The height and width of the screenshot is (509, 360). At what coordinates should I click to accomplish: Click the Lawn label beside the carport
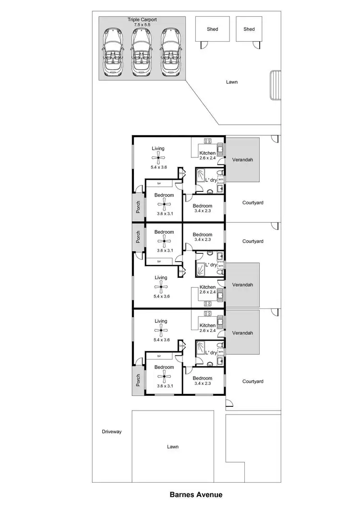(232, 82)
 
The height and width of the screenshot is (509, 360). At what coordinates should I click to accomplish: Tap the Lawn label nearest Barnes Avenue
(173, 447)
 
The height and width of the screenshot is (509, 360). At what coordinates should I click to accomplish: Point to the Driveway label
(112, 432)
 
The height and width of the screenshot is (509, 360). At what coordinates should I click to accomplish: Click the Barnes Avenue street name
(196, 494)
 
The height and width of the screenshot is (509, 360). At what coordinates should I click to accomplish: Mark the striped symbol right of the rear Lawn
(276, 85)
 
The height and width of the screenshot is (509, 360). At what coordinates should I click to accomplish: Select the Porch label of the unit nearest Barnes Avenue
(138, 380)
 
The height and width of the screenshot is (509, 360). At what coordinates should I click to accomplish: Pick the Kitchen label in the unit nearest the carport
(207, 153)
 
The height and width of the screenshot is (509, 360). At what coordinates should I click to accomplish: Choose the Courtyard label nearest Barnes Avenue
(252, 382)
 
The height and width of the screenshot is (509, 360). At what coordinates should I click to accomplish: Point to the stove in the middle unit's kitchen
(208, 303)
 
